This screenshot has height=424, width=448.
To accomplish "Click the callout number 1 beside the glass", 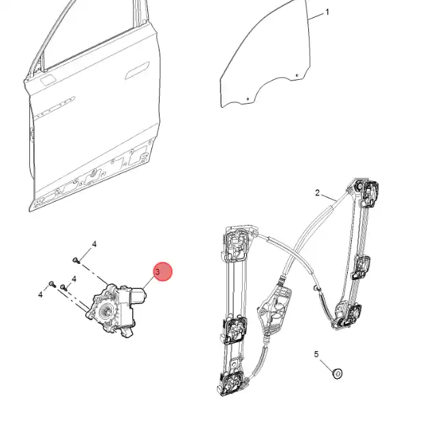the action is tap(327, 12).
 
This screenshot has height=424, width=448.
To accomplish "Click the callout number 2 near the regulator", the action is tap(318, 193).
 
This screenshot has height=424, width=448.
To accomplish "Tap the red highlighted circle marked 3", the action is tap(163, 271).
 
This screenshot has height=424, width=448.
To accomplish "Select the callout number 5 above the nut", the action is tap(316, 354).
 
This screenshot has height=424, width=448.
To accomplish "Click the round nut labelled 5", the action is tap(338, 374).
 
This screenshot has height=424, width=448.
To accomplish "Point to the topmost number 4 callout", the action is tap(94, 244).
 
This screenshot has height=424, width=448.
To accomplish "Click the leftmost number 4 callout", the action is tap(40, 294).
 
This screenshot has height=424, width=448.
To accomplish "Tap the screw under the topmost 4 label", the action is tap(76, 260).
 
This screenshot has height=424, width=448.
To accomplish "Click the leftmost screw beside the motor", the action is tap(52, 284).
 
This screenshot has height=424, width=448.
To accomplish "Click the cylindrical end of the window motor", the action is tap(139, 294).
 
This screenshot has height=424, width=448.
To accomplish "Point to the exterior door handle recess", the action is tap(137, 70).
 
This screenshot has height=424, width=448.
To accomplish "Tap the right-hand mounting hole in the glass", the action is tap(297, 76).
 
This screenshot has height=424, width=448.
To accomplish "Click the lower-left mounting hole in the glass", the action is tap(248, 99).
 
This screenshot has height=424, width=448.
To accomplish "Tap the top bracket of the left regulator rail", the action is tap(236, 243).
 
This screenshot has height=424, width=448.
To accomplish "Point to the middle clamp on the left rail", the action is tap(235, 330).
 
